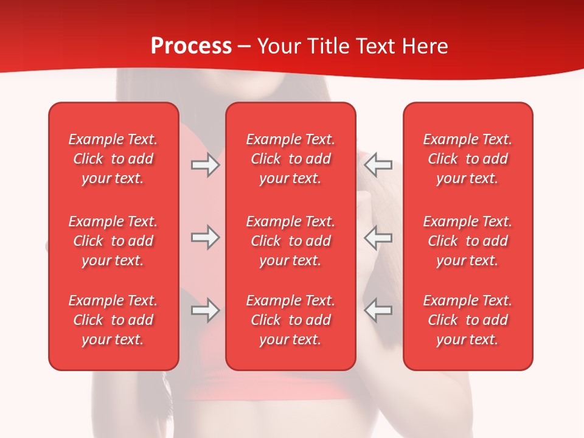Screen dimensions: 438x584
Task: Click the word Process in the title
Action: pos(191,46)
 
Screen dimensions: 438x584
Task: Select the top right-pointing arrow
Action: pos(206,165)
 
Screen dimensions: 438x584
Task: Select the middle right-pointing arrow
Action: pos(206,237)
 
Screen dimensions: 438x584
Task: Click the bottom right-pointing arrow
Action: pos(206,310)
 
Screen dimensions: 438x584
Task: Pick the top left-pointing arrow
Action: pos(378,165)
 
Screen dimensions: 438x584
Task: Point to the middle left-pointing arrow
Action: pos(378,237)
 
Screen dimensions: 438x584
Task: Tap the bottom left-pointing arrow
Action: pos(378,310)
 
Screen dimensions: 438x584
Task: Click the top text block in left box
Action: pos(113,159)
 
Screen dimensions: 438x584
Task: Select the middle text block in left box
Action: pos(113,241)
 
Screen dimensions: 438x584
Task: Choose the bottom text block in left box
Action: pos(113,320)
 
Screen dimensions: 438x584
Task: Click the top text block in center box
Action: pos(290,159)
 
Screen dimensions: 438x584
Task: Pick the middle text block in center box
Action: pos(290,241)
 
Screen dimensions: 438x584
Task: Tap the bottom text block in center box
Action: pos(290,320)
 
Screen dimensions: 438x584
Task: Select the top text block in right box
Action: pos(467,159)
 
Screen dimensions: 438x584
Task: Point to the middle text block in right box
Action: pos(467,241)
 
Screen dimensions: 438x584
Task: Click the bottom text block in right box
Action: pos(467,320)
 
